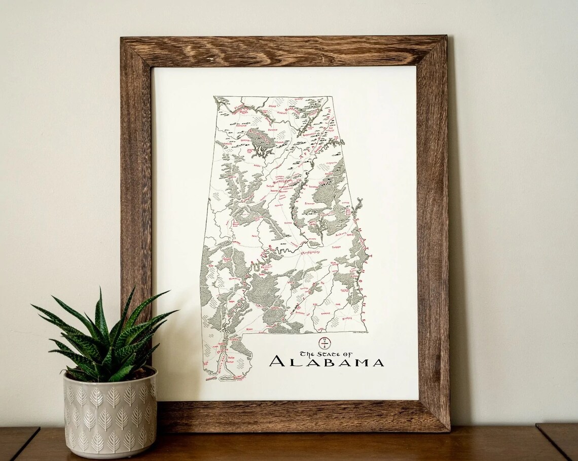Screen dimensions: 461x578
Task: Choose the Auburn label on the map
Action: pos(343,234)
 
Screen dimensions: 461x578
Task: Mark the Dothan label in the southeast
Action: pos(347,319)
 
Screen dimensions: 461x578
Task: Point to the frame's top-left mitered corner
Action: pos(136,51)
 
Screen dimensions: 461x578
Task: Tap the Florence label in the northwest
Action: pos(238,108)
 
